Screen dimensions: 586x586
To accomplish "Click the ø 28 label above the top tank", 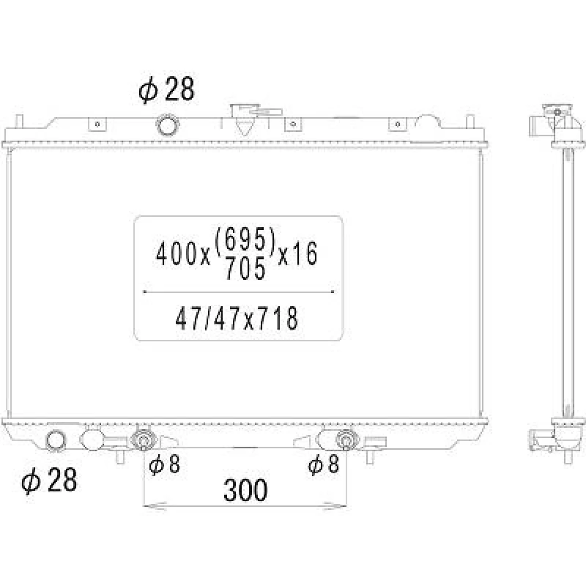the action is point(167,89).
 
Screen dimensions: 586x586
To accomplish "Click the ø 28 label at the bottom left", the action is point(49,480).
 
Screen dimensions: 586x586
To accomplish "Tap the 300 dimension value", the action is point(245,489).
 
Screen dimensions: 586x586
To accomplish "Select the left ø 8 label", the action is point(164,464).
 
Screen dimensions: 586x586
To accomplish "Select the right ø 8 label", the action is point(324,464).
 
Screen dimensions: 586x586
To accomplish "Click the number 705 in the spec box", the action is point(245,268).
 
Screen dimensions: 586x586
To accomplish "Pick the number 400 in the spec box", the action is point(177,254).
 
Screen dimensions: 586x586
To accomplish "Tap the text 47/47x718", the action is point(237,319).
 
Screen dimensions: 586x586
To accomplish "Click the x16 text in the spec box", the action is point(298,254).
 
